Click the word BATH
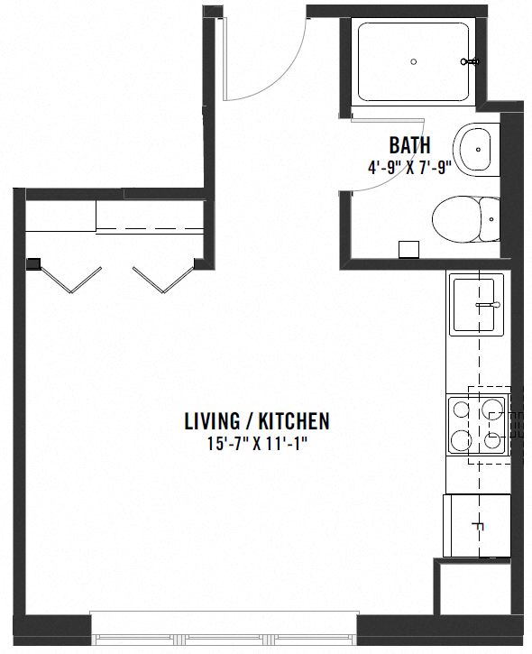[x=408, y=144]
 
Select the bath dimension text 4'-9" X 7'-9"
[x=408, y=166]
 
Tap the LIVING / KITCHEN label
[x=256, y=420]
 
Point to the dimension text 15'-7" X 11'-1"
[x=256, y=443]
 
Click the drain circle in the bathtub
[x=413, y=62]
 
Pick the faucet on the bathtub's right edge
[x=469, y=62]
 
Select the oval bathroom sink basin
[x=475, y=150]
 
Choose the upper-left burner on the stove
[x=460, y=409]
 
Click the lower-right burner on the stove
[x=492, y=441]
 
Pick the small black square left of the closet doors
[x=34, y=264]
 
